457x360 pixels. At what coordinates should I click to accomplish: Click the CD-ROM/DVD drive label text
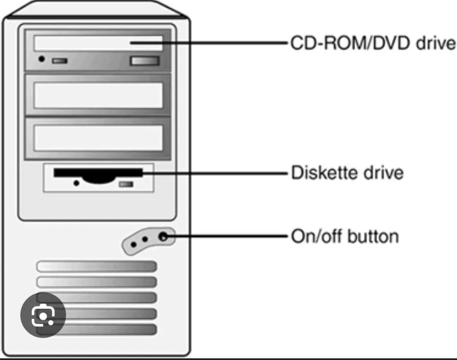[373, 44]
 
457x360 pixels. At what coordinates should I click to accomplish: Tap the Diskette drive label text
[347, 172]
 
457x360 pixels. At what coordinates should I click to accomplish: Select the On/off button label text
[345, 236]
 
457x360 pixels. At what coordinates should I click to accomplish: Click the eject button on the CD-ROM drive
[144, 61]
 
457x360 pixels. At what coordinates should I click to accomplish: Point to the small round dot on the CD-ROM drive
[42, 59]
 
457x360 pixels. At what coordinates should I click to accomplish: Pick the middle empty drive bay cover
[98, 96]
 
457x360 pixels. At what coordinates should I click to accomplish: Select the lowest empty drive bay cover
[98, 138]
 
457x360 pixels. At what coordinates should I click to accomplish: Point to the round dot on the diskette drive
[76, 183]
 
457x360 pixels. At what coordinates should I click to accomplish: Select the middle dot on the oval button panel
[145, 239]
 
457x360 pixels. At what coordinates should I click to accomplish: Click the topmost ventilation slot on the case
[97, 267]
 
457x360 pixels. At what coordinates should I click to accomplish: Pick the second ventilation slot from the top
[97, 282]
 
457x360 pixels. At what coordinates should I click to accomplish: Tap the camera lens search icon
[43, 315]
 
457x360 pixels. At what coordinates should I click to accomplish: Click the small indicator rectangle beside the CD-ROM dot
[59, 60]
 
